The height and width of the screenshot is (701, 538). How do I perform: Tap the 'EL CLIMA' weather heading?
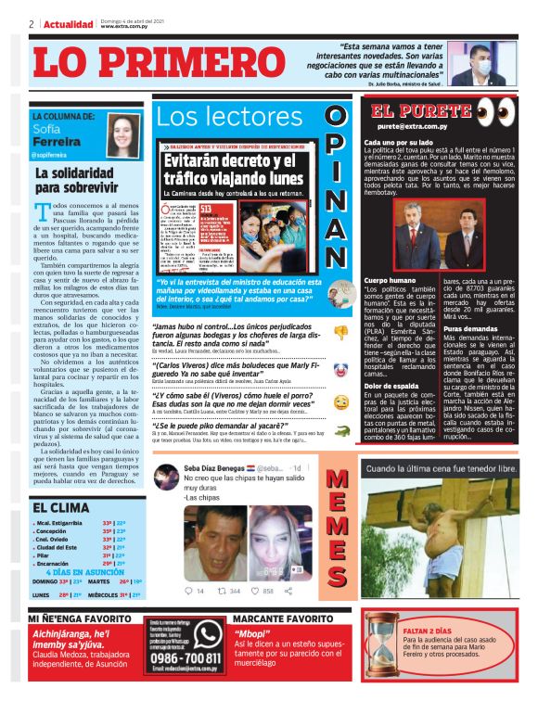62,507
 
